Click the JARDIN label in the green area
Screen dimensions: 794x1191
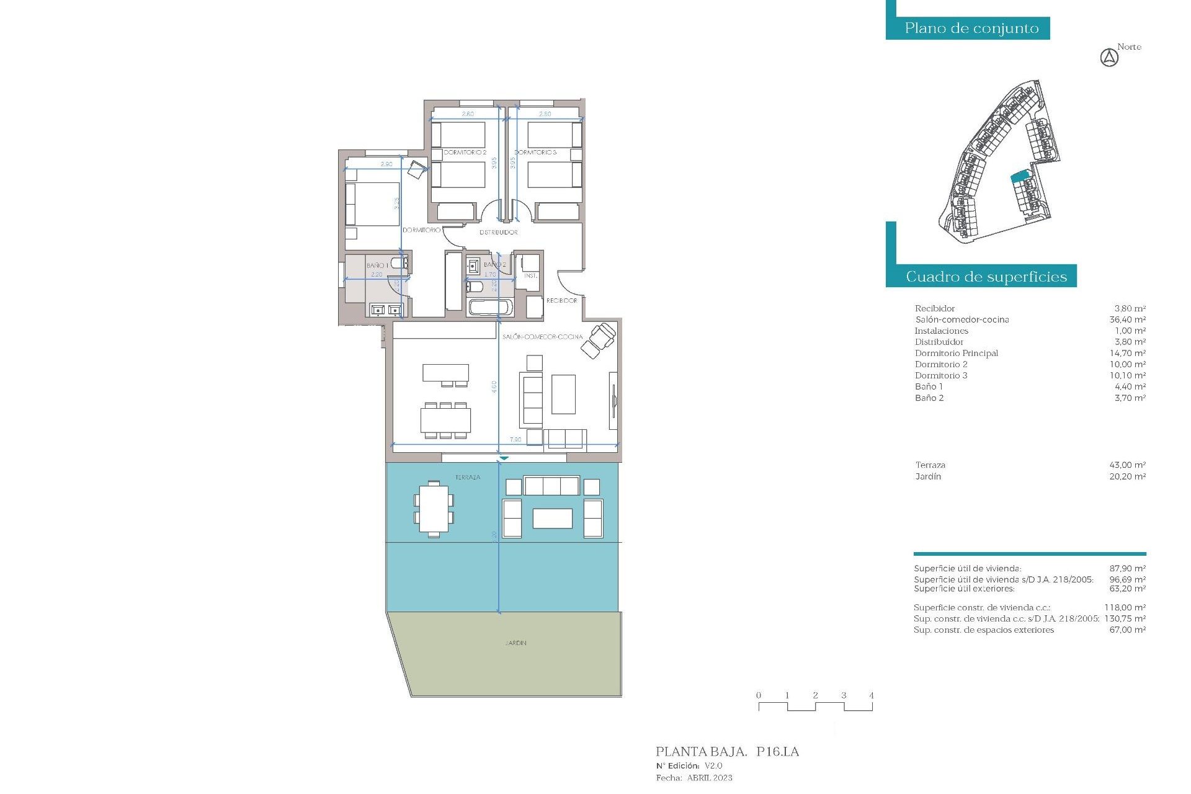click(515, 643)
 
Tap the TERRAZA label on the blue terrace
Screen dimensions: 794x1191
click(468, 478)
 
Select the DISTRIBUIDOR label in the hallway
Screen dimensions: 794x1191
click(498, 233)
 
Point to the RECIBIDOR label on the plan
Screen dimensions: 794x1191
click(561, 301)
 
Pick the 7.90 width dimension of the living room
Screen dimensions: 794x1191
click(515, 440)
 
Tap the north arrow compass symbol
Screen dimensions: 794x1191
click(1109, 58)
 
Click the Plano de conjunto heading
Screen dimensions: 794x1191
click(971, 29)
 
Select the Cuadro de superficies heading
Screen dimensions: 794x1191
click(986, 277)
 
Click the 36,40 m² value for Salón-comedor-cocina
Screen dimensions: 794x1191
click(1127, 320)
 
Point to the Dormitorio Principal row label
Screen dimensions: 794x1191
click(956, 354)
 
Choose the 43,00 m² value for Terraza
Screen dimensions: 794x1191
click(1127, 465)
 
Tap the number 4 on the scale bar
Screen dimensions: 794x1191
click(872, 695)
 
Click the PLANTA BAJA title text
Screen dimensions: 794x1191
click(701, 752)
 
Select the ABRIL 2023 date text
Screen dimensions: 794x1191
click(710, 778)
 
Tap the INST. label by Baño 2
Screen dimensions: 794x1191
click(530, 276)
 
